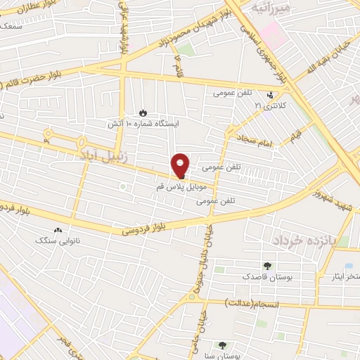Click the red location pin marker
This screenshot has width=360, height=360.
click(181, 165)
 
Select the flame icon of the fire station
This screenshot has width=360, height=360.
click(143, 112)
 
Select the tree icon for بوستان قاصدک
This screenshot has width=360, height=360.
click(267, 266)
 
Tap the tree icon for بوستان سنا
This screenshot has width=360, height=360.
click(223, 345)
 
